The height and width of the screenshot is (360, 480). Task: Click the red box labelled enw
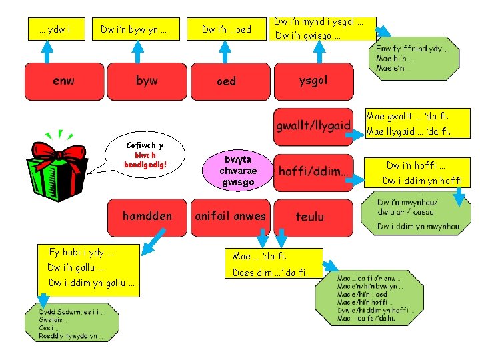(63, 81)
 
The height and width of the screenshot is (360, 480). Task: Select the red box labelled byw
(147, 81)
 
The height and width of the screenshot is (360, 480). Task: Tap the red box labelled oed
(227, 81)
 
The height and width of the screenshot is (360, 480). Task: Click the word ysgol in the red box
(313, 80)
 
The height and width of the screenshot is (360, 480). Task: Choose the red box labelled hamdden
(147, 216)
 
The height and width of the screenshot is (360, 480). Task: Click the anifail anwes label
(230, 216)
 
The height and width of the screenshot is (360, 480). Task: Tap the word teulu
(310, 216)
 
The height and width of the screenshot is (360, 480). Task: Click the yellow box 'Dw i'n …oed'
(227, 29)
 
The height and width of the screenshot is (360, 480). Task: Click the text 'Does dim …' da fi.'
(270, 273)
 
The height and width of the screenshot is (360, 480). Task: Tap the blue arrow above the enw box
(47, 51)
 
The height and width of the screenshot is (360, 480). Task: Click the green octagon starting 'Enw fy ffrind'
(413, 59)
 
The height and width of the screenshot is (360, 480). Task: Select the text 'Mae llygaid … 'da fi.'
(408, 131)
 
